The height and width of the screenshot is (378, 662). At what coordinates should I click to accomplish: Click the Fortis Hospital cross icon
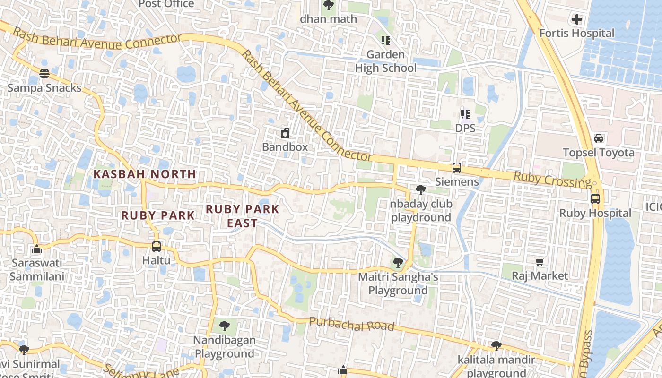coord(576,19)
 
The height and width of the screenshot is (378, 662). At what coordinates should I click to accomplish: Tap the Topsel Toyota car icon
coord(599,138)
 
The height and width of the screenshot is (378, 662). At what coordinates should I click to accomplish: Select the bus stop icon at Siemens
coord(456,168)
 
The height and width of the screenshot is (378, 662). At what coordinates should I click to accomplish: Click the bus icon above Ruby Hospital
coord(595,199)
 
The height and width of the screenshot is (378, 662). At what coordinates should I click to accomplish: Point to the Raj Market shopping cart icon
coord(540,262)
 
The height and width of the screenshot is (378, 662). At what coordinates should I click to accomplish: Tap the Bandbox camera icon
coord(285,133)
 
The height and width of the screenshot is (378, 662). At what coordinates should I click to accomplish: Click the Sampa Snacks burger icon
coord(44,74)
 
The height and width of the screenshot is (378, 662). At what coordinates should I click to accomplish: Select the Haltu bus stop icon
coord(157,247)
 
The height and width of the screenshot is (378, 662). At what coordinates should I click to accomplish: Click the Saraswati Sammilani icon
coord(37,249)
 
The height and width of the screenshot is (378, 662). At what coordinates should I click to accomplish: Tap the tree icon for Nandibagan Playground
coord(225,326)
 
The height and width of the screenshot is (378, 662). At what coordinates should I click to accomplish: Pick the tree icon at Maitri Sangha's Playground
coord(398,263)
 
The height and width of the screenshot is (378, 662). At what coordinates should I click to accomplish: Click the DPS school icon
coord(465,114)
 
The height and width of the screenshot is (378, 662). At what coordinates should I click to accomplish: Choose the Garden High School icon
coord(386,41)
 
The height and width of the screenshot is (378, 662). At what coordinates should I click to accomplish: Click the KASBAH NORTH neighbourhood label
coord(145,174)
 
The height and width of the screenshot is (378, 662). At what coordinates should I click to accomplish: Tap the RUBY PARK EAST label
coord(243,215)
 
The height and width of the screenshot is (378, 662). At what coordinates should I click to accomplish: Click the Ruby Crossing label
coord(552,180)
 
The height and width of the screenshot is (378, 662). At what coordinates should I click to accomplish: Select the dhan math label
coord(328,19)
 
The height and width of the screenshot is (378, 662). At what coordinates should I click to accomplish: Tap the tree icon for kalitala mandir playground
coord(496,346)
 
